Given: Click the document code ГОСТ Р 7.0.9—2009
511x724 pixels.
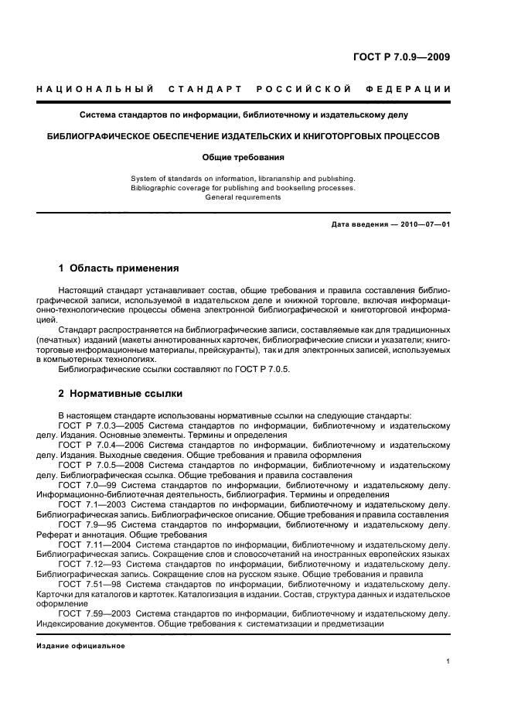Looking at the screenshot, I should coord(401,56).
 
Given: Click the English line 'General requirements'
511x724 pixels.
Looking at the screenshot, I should coord(243,197).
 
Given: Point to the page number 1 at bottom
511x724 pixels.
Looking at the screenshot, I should coord(448,662).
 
